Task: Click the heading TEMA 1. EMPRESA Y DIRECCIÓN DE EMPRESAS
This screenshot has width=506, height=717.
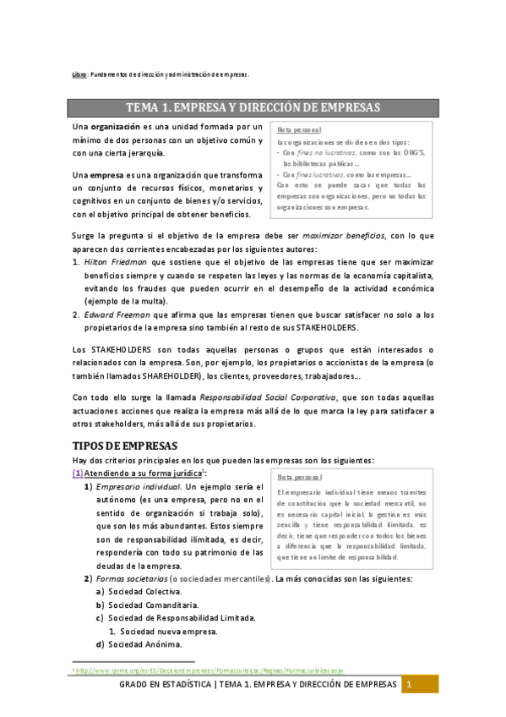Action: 253,107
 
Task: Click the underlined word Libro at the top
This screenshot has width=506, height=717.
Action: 79,74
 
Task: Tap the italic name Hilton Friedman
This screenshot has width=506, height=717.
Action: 112,263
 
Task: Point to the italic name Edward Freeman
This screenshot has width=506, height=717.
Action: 114,315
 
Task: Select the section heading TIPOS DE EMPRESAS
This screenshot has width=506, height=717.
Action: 123,445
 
